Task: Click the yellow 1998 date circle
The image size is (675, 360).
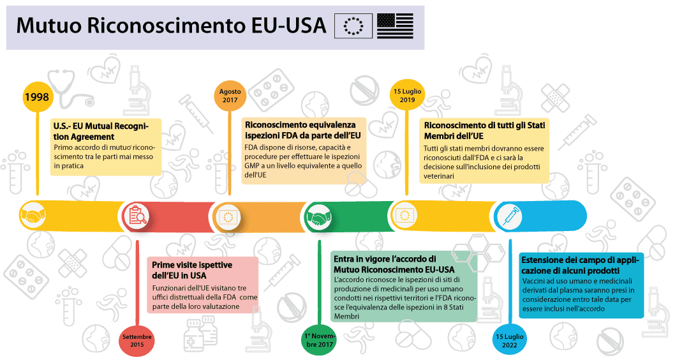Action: [x=36, y=96]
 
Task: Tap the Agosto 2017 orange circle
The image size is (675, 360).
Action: [x=230, y=96]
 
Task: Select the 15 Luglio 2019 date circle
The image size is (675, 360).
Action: [x=407, y=95]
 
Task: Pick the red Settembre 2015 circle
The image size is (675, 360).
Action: [x=137, y=340]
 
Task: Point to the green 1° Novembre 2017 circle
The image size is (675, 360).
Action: [x=319, y=340]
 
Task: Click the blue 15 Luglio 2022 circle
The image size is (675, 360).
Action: [x=510, y=340]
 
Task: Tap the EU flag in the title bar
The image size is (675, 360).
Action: [x=353, y=26]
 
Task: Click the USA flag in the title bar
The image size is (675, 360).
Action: [x=395, y=26]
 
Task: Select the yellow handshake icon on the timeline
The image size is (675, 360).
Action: [x=34, y=215]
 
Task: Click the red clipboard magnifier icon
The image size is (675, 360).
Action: [x=137, y=216]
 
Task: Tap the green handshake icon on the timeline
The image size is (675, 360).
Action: [x=319, y=215]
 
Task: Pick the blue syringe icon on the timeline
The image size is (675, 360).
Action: [x=510, y=216]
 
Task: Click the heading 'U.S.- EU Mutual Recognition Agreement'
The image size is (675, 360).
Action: [x=101, y=131]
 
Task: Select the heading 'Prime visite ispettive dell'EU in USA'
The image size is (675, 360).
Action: [x=192, y=270]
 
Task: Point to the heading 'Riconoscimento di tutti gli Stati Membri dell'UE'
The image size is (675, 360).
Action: [x=484, y=130]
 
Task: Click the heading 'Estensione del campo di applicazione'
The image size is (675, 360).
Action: [x=580, y=266]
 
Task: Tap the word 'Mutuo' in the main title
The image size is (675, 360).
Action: [x=48, y=26]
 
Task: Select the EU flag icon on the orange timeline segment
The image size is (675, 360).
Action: [x=228, y=216]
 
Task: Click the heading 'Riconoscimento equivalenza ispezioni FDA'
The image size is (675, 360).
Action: [x=303, y=130]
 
